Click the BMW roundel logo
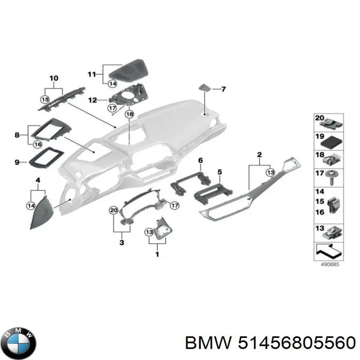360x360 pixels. (18, 343)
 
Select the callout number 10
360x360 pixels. (54, 78)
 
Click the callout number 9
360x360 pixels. (17, 162)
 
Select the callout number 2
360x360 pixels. (259, 156)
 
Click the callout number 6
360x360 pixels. (201, 160)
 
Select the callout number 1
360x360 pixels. (157, 255)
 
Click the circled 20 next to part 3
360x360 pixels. (113, 210)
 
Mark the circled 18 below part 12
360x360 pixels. (129, 114)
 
